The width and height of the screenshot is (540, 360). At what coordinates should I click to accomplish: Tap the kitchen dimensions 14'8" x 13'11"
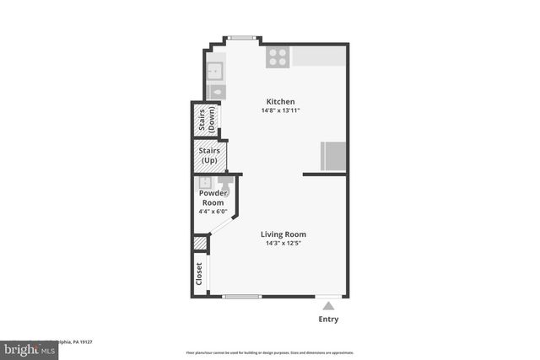click(280, 111)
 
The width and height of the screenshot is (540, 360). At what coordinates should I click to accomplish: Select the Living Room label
click(283, 234)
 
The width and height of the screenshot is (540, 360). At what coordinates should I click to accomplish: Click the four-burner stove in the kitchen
click(278, 56)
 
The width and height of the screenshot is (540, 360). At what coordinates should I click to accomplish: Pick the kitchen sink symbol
click(215, 69)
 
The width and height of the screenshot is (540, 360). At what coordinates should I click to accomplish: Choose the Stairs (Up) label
click(211, 155)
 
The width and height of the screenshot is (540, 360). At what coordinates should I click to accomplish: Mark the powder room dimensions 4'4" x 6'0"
click(213, 212)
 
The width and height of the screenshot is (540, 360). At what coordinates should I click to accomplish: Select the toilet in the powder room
click(225, 181)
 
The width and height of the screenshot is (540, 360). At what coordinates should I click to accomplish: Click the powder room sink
click(204, 182)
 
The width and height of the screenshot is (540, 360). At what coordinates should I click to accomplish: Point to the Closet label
click(199, 275)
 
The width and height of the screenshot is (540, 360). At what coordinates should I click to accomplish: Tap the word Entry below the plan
click(329, 320)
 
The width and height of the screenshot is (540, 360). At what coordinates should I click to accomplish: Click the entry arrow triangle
click(328, 305)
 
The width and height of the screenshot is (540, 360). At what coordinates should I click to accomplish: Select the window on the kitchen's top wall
click(242, 37)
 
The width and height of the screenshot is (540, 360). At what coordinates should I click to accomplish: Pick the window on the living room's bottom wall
click(242, 296)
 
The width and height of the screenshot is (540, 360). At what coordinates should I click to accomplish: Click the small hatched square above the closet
click(200, 244)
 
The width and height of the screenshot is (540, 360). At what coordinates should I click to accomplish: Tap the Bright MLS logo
click(25, 347)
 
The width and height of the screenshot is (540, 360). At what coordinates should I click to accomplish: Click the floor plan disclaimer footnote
click(269, 352)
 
